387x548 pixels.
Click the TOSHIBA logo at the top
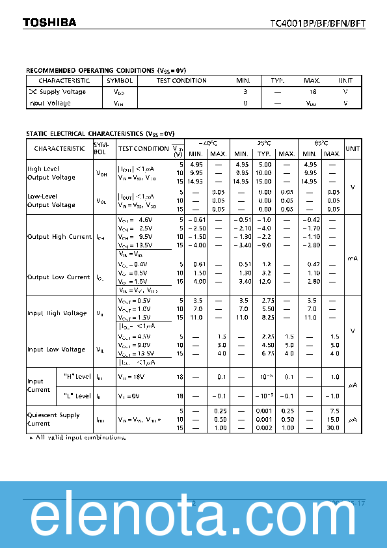click(x=49, y=22)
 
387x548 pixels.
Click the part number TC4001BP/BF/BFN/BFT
click(x=318, y=23)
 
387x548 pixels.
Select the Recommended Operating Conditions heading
click(x=106, y=70)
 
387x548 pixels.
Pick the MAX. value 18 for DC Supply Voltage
click(x=312, y=92)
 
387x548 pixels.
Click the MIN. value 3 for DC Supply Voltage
click(x=245, y=92)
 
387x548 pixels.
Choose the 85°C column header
click(x=321, y=143)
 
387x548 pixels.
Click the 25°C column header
click(x=263, y=143)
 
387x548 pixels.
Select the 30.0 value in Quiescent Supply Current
click(x=333, y=427)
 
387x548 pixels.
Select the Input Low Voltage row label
click(x=56, y=349)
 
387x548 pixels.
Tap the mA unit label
click(x=353, y=258)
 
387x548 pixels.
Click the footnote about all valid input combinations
click(x=78, y=437)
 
